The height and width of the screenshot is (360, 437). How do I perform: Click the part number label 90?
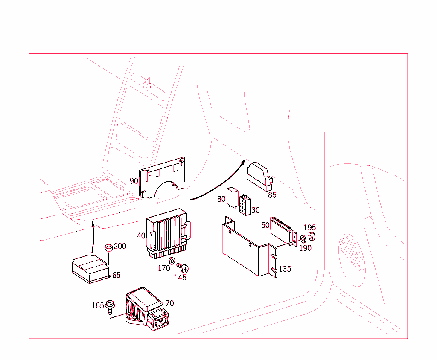click(134, 181)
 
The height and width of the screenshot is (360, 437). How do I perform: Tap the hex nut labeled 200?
click(108, 247)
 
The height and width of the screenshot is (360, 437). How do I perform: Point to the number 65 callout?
click(116, 275)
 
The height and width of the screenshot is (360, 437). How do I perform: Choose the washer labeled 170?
click(172, 261)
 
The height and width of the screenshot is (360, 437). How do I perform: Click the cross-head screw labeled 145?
click(184, 268)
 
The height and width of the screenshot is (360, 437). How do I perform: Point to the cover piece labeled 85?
click(259, 176)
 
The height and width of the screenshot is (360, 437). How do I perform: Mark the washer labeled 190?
click(303, 238)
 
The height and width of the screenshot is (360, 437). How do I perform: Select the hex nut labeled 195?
click(312, 236)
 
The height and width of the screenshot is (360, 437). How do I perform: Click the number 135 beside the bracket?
click(285, 269)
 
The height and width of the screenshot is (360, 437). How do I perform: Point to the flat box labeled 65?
click(90, 268)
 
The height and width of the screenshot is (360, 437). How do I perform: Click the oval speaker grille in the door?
click(352, 259)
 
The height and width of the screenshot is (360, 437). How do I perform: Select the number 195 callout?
click(310, 228)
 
